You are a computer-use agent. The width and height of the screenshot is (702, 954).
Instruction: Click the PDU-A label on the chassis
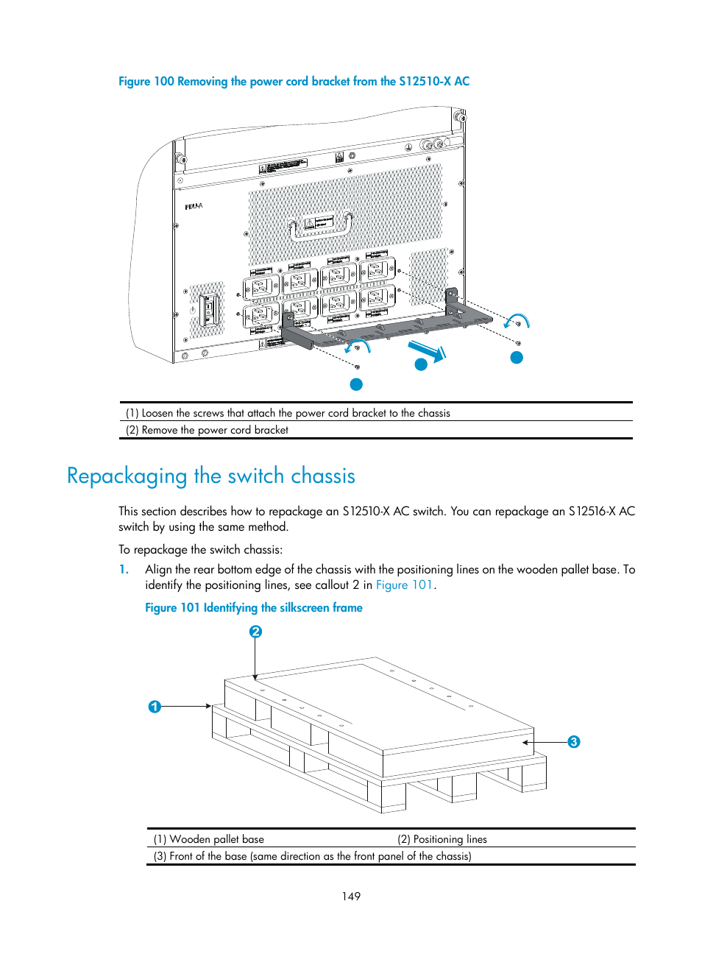[194, 207]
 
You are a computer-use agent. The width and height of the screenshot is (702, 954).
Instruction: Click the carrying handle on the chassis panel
[321, 227]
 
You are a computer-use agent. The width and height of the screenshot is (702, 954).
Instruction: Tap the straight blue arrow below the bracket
[428, 351]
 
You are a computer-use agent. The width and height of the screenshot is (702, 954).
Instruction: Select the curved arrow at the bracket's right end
[517, 321]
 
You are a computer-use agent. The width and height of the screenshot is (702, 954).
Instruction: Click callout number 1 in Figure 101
[155, 707]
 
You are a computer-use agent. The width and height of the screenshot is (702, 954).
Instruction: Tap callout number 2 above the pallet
[255, 632]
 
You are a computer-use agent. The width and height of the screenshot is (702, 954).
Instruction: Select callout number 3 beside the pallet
[574, 742]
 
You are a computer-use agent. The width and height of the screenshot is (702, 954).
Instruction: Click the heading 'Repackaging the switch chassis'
[211, 476]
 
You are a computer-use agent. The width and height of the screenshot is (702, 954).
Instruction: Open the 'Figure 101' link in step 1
[404, 585]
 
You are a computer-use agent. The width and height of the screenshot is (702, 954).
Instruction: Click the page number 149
[351, 897]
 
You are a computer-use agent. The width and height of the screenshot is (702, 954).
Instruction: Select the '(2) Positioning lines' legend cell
[442, 839]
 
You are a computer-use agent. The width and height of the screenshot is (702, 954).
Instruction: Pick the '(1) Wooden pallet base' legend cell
[209, 839]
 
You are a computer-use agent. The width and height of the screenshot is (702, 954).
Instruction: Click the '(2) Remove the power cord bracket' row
[208, 430]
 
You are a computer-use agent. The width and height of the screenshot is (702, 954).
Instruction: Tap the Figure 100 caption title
[294, 82]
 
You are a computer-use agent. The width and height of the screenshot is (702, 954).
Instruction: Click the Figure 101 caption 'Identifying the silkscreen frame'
[254, 608]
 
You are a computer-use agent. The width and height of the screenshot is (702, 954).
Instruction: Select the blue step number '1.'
[124, 570]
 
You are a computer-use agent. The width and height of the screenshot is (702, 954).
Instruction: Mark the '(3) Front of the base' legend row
[313, 856]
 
